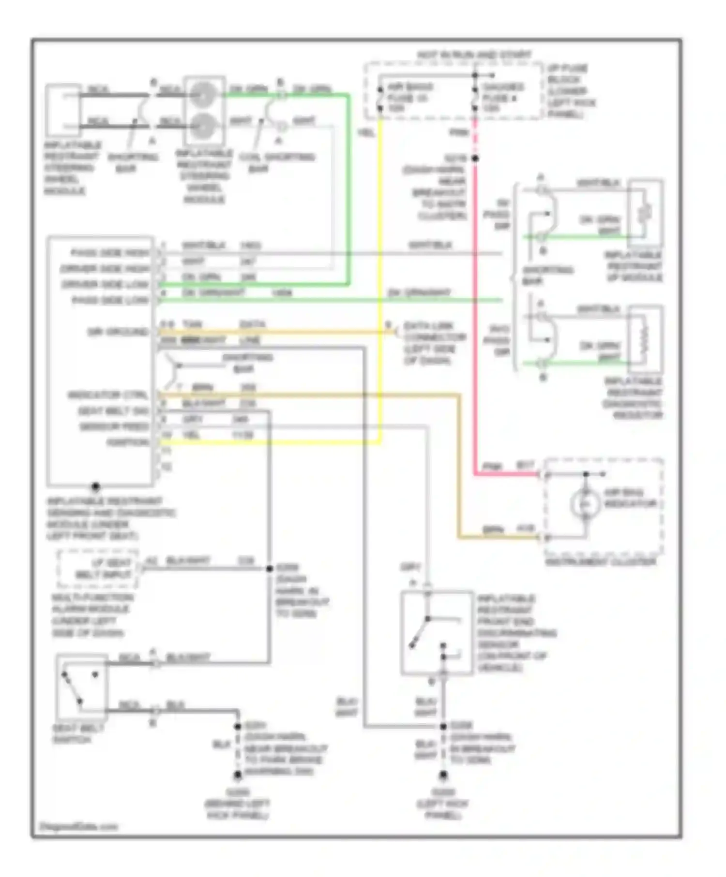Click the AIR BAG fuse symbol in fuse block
tap(380, 98)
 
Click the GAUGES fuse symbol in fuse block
tap(475, 98)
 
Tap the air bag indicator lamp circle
tap(585, 504)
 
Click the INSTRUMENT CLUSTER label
tap(600, 562)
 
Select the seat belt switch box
tap(81, 687)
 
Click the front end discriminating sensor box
tap(437, 632)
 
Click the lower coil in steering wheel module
tap(203, 126)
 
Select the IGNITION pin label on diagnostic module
tap(128, 442)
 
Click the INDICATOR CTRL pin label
tap(107, 395)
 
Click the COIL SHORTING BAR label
tap(276, 162)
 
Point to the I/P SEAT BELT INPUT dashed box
tap(98, 569)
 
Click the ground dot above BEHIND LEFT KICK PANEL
tap(238, 775)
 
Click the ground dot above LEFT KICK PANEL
tap(443, 775)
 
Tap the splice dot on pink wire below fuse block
tap(475, 159)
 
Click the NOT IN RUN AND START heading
tap(474, 55)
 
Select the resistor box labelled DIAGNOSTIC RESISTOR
tap(644, 339)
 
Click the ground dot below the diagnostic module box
tap(96, 486)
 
